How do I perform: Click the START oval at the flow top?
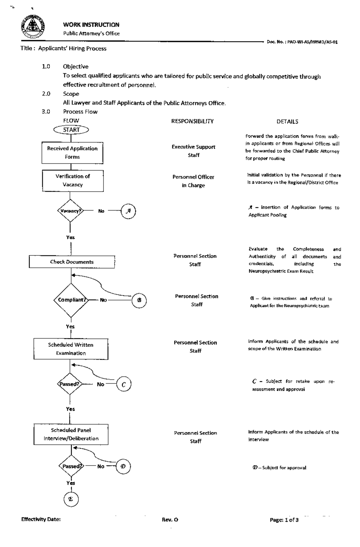(71, 130)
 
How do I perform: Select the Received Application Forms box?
(72, 153)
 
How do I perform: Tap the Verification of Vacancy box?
(73, 181)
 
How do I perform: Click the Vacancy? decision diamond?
(70, 211)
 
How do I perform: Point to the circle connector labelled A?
(128, 211)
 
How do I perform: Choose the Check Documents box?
(72, 262)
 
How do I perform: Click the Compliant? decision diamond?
(71, 300)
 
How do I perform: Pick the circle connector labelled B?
(139, 300)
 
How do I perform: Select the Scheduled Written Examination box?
(71, 349)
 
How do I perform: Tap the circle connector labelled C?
(124, 384)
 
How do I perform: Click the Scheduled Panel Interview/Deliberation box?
(71, 434)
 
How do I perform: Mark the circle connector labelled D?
(123, 466)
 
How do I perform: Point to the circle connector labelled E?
(71, 499)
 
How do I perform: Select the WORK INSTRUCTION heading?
(91, 25)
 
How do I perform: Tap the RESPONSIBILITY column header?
(192, 121)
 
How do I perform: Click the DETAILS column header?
(287, 122)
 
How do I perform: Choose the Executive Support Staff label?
(193, 151)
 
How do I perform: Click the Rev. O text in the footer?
(170, 520)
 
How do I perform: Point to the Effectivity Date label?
(41, 519)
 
